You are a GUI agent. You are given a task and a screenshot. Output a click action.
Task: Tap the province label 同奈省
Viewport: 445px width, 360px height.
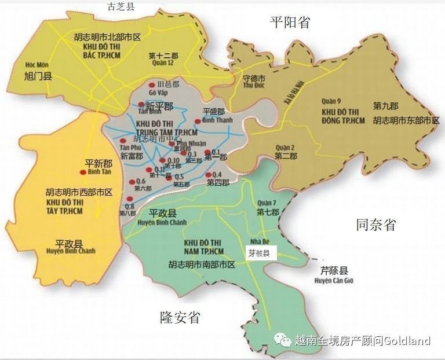[x=375, y=225]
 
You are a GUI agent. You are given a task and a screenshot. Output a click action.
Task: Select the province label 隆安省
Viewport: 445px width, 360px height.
[x=180, y=317]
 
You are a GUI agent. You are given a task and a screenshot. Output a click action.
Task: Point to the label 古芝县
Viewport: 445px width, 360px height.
[x=121, y=6]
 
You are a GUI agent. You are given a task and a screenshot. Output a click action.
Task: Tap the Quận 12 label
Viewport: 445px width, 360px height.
[x=162, y=64]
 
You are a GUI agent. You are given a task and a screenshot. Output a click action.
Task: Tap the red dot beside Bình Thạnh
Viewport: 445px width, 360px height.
[x=198, y=121]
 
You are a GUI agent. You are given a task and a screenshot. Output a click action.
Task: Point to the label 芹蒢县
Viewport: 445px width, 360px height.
[x=335, y=271]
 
